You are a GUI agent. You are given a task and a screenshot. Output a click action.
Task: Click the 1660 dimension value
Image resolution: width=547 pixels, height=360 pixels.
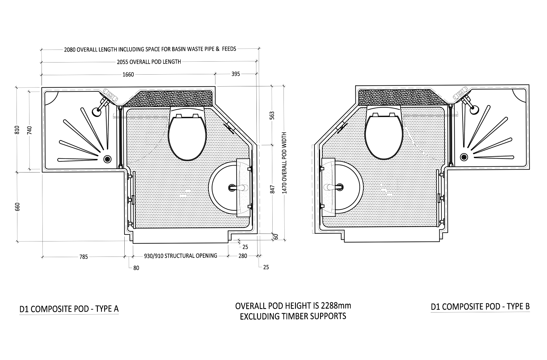(128, 75)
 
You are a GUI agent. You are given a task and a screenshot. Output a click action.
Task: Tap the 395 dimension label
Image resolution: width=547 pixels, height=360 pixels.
(235, 74)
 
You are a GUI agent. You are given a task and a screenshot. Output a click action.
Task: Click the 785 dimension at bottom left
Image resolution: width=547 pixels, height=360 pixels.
(84, 257)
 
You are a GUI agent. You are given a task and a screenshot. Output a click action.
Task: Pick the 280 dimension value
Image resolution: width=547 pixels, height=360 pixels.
(243, 256)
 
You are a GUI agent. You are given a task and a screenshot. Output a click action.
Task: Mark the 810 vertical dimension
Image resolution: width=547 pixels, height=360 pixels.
(17, 130)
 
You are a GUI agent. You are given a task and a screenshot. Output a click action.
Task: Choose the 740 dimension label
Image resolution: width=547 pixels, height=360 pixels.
(29, 130)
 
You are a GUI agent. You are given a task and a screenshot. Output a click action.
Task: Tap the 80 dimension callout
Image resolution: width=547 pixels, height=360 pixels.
(136, 268)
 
